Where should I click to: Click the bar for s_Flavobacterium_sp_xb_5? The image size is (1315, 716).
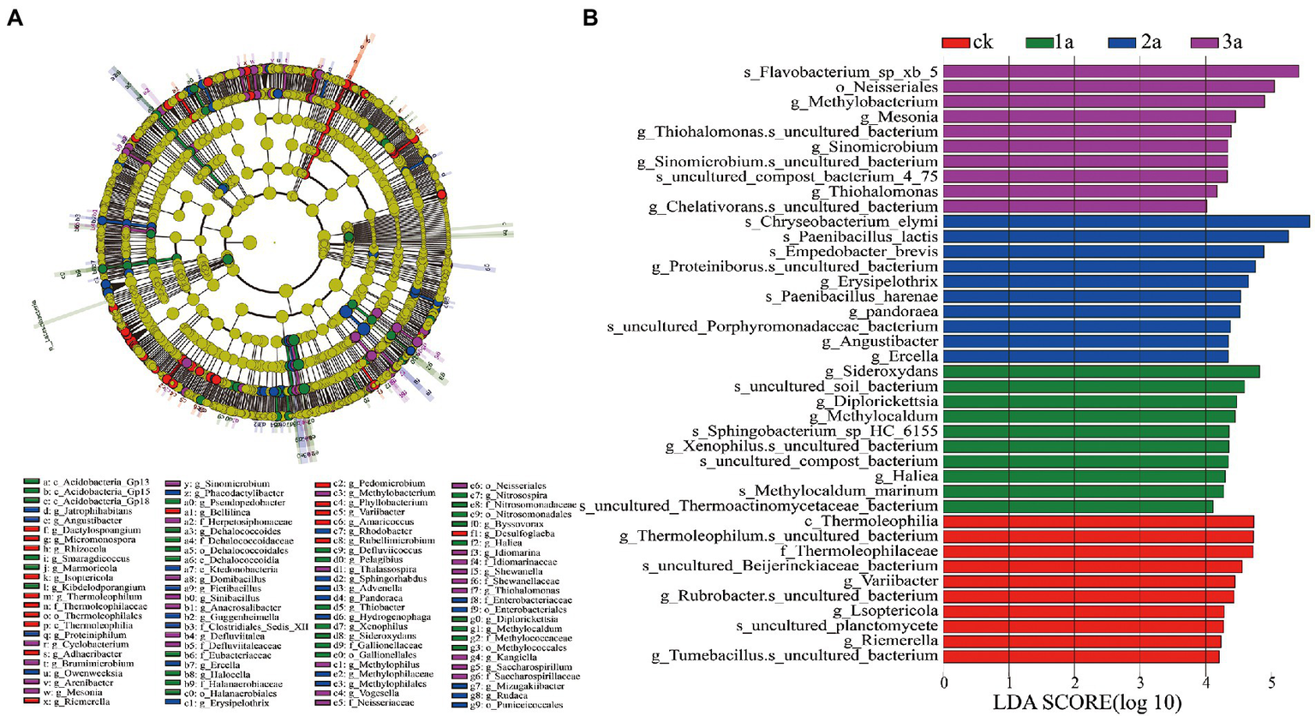click(1121, 72)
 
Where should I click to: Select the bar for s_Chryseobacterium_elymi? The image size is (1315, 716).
click(1127, 222)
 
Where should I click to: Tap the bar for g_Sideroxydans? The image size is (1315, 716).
click(1102, 372)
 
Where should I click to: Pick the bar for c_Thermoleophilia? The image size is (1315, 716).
click(1098, 522)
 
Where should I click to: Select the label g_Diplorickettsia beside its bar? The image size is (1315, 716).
click(876, 402)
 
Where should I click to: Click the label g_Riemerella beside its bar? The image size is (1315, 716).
click(890, 641)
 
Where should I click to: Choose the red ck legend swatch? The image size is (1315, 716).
click(955, 42)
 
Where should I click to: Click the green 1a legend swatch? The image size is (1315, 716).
click(1039, 42)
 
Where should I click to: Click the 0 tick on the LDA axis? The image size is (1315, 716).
click(944, 683)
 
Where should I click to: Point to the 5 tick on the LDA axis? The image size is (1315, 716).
click(1271, 683)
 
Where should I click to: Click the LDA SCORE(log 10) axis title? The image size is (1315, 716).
click(1087, 703)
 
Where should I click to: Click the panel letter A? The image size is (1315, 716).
click(15, 18)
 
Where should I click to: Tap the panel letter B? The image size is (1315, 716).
click(590, 18)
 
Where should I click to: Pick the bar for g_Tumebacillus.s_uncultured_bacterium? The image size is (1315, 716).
click(1081, 656)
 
